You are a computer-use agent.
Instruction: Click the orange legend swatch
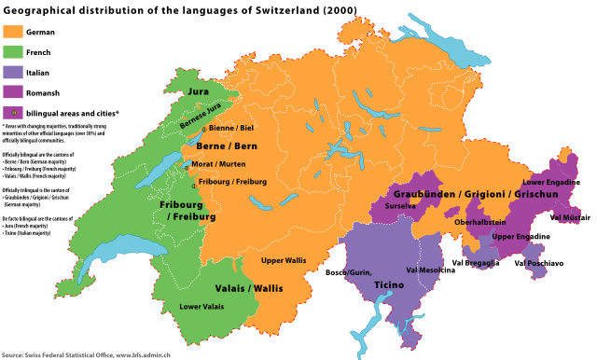[13, 31]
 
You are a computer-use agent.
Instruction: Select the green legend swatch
[13, 51]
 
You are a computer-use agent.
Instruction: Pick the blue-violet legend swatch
[13, 72]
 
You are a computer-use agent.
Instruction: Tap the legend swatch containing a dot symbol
[13, 112]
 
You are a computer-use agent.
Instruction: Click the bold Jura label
[198, 91]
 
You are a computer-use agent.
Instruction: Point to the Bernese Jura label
[201, 116]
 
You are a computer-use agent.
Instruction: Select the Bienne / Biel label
[231, 128]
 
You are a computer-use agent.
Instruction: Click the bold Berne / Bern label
[226, 146]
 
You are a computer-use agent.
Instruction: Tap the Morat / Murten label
[219, 164]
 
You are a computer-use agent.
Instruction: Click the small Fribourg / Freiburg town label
[232, 182]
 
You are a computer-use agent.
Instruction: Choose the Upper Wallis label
[284, 260]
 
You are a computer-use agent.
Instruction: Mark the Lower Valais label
[201, 306]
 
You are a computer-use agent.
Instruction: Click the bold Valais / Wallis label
[249, 288]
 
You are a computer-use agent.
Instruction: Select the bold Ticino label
[389, 284]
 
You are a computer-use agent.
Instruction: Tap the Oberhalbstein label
[480, 222]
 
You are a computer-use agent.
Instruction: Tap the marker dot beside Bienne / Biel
[203, 129]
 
